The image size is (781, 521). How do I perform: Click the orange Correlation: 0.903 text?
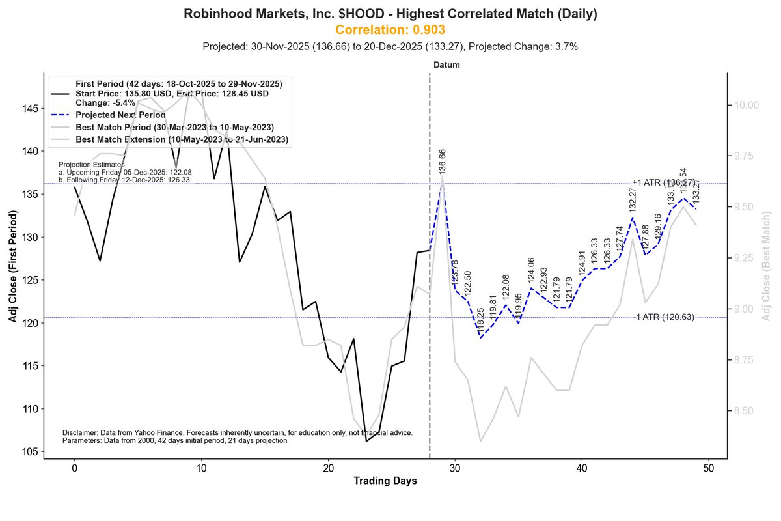(390, 30)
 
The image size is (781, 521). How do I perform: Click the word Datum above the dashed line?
(446, 65)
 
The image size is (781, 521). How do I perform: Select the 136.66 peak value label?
(443, 161)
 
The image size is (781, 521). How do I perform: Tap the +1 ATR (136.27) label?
(663, 183)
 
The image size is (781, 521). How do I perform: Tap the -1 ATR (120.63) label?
(664, 317)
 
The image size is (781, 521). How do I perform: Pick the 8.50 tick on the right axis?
(746, 411)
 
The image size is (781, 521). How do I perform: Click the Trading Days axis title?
(385, 481)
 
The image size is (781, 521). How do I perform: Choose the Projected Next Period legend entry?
(120, 115)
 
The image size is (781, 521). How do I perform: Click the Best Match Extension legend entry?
(182, 139)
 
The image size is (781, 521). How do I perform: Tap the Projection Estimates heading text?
(91, 165)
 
